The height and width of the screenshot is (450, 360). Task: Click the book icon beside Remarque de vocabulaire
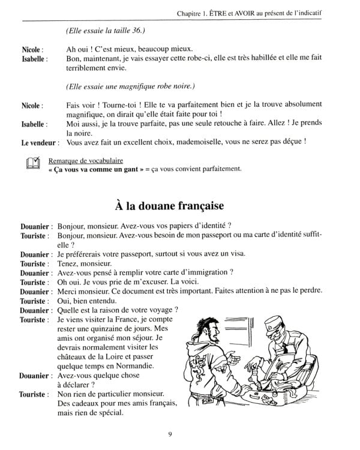(33, 163)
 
